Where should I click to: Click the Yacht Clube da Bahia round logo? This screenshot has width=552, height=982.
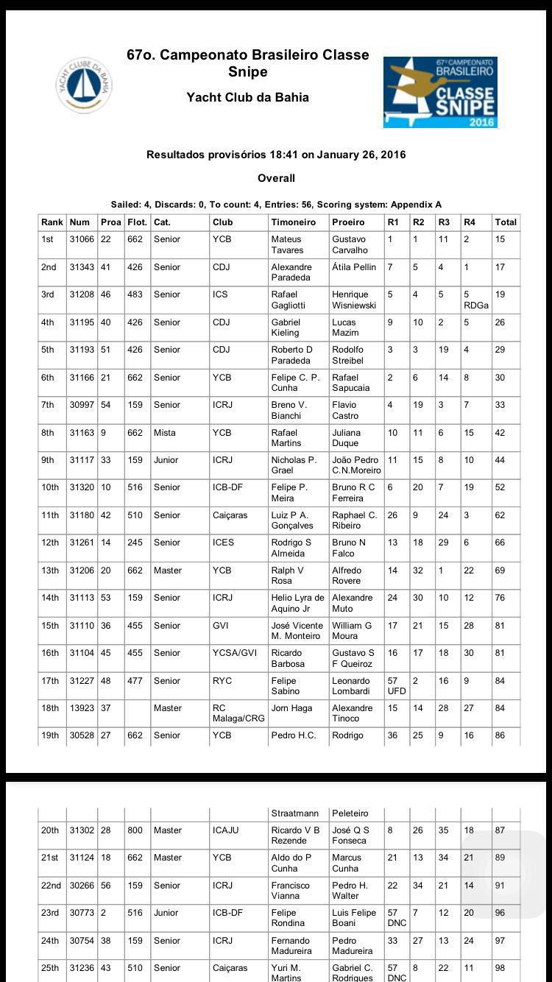pos(84,85)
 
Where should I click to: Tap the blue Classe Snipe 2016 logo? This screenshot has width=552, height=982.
pos(440,92)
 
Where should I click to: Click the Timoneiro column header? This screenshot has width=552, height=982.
pos(293,222)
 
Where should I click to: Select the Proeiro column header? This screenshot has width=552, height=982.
pos(348,222)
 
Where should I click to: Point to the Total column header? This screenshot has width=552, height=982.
pos(506,222)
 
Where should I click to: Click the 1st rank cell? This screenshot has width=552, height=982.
pos(49,239)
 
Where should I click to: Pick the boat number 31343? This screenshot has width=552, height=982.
pos(82,267)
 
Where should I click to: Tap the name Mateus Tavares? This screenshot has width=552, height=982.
pos(287,244)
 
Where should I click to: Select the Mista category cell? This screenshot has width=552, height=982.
pos(165,433)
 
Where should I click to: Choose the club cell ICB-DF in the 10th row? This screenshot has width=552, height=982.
pos(227,487)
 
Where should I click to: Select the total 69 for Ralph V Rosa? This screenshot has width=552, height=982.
pos(500,571)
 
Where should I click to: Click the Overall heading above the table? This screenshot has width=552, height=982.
pos(276,178)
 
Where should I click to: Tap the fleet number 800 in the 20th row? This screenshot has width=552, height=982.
pos(135,830)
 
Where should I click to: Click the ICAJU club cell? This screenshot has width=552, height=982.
pos(225,830)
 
